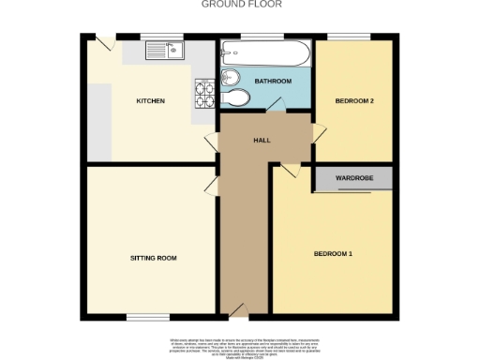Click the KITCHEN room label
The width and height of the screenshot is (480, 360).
tap(151, 100)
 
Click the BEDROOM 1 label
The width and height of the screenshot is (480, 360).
tap(333, 253)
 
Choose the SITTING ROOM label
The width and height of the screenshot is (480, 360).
tap(154, 257)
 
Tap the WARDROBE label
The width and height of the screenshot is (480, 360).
tap(354, 175)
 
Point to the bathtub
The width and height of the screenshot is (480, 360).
tap(267, 52)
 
